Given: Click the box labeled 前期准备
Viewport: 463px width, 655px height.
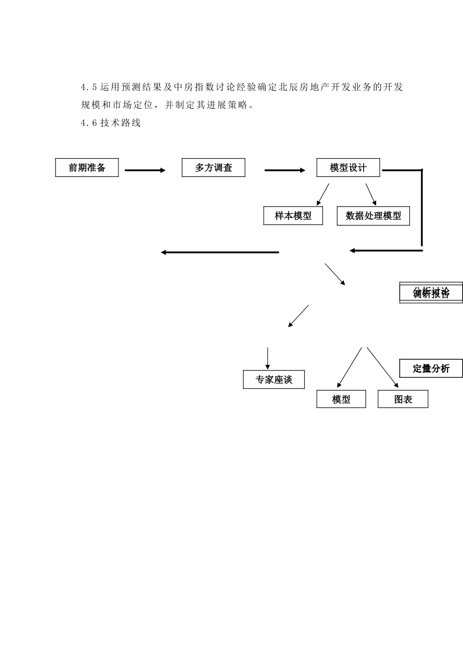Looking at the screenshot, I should coord(87,168).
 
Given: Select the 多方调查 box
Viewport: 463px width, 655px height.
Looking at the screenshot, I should coord(213,168).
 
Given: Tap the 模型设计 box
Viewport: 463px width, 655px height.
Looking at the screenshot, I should coord(348,168).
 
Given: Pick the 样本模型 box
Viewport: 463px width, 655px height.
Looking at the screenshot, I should coord(293,216).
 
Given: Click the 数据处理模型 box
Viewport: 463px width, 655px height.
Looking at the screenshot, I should coord(373,216).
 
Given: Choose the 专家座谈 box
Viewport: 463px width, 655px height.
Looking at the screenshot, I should coord(274,380).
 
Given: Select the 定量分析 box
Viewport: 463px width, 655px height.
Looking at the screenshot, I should coord(431,368).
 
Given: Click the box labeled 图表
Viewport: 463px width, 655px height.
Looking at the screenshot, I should coord(403,399).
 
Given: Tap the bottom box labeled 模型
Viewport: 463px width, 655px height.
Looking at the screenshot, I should coord(341,399).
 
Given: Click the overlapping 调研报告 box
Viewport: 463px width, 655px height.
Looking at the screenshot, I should coord(431,293).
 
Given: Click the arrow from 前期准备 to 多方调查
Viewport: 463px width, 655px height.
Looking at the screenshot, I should coord(145,170).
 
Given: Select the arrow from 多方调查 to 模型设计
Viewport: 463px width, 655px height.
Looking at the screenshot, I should coord(285,170).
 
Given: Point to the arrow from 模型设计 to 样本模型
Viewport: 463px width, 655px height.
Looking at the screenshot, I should coord(323,194).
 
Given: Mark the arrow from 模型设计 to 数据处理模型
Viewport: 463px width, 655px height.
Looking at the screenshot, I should coord(371,194).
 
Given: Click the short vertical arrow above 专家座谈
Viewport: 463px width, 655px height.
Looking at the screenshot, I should coord(267,358).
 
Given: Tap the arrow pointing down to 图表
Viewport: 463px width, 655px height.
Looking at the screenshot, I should coord(383,367).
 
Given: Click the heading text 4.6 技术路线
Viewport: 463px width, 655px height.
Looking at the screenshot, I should coord(111,123).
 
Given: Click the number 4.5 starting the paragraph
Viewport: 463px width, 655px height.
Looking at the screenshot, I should coord(89,88).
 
